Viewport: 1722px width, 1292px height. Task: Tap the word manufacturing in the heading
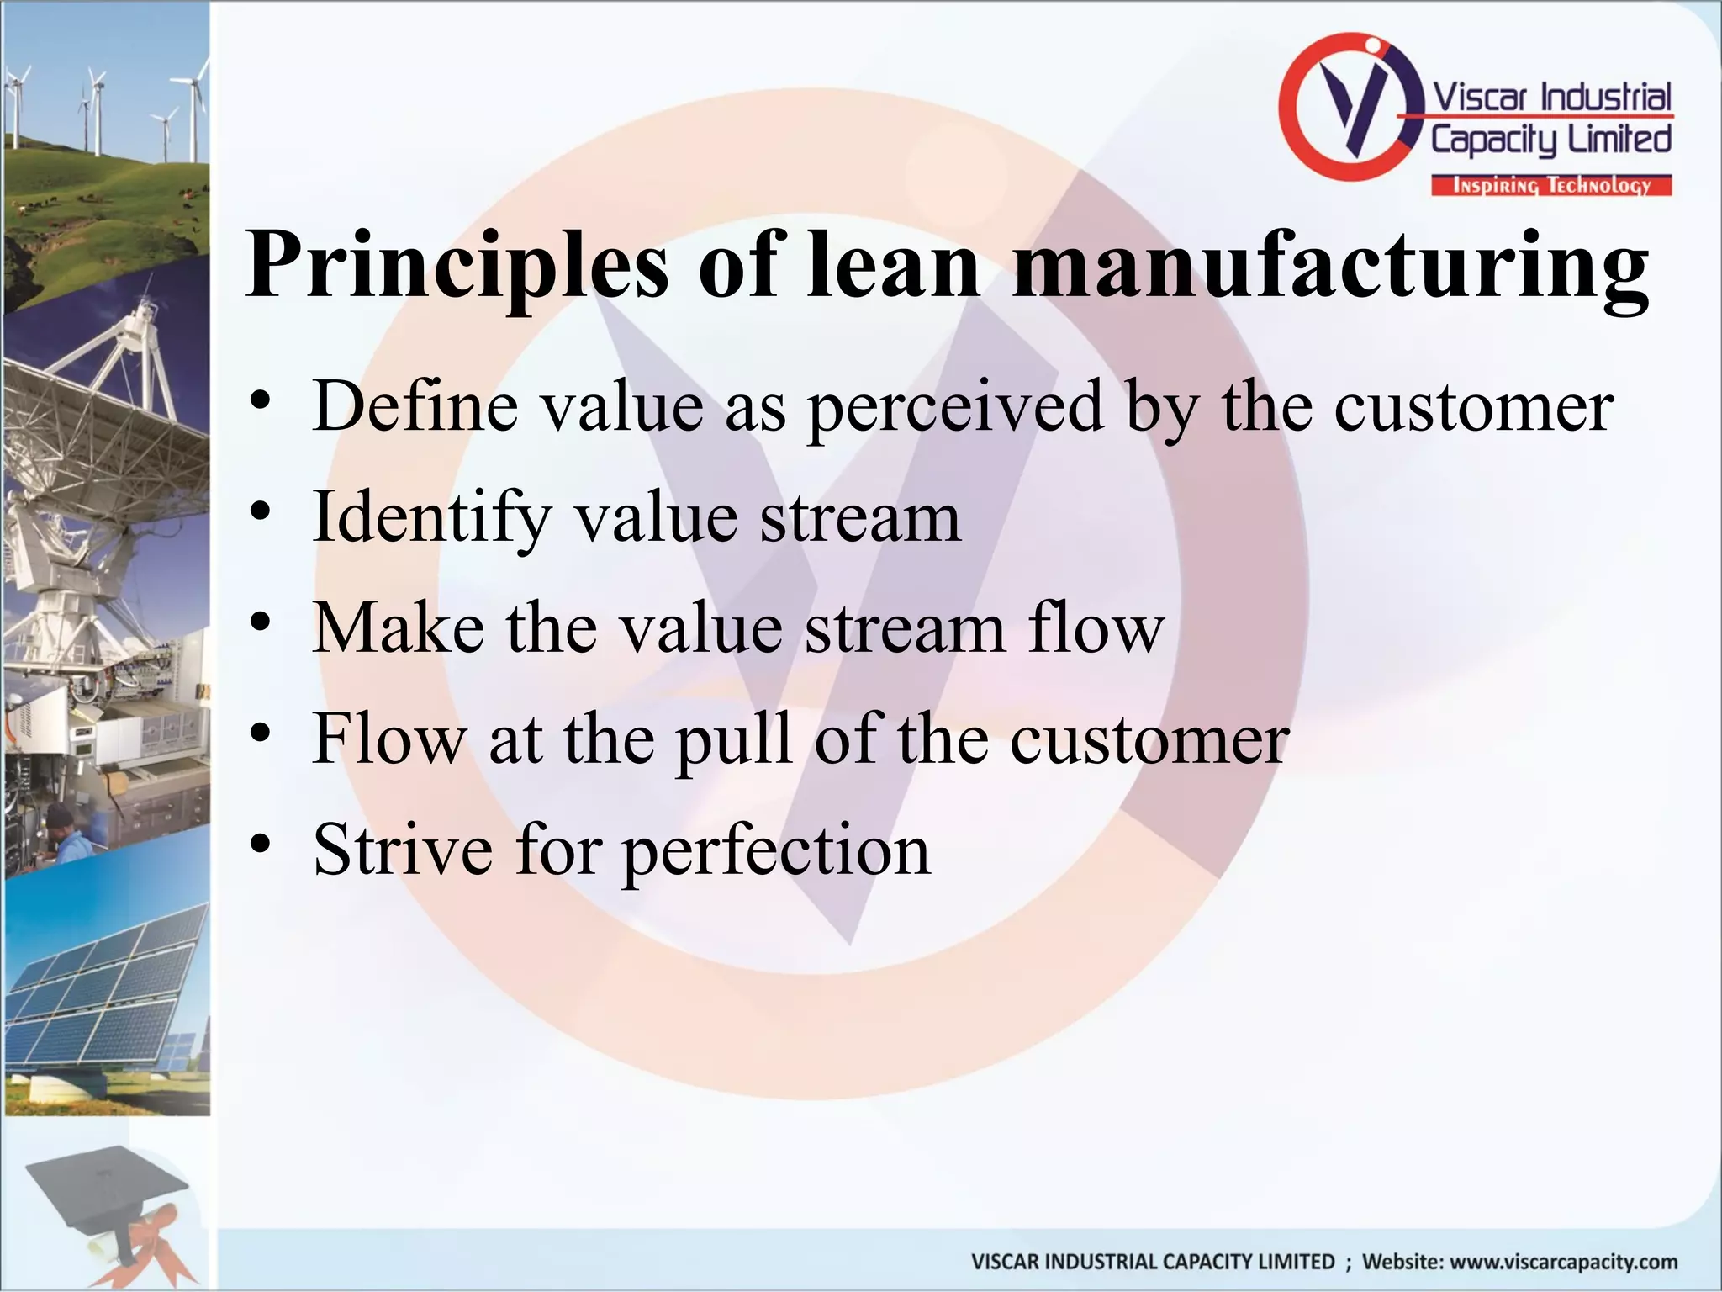click(x=1329, y=266)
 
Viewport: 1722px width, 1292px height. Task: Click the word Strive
click(x=403, y=850)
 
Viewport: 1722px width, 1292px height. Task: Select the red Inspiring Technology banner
click(x=1551, y=186)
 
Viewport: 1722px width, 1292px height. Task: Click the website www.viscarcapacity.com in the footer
click(x=1519, y=1262)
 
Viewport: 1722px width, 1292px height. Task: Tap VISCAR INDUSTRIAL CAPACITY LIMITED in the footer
click(x=1152, y=1262)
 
